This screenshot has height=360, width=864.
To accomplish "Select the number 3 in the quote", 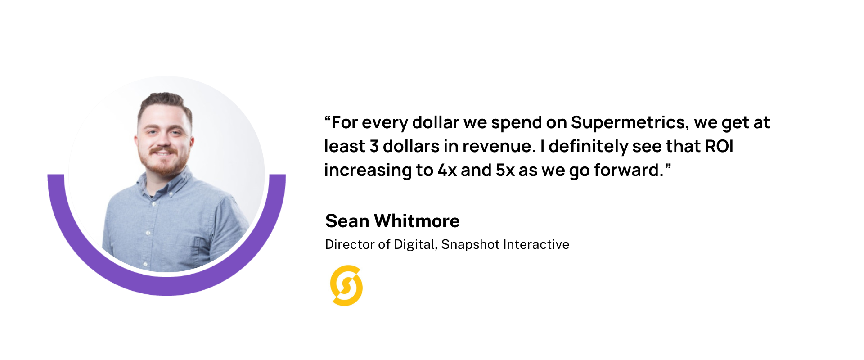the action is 374,146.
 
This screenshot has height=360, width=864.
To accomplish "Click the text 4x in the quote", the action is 447,170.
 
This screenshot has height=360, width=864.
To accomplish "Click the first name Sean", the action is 347,221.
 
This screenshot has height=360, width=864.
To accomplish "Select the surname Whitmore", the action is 417,221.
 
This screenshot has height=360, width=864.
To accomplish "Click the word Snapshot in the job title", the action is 470,244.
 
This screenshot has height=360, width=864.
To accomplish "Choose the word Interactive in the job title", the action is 536,244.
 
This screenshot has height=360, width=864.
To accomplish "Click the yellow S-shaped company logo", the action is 346,286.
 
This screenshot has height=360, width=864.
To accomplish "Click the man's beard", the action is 165,162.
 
